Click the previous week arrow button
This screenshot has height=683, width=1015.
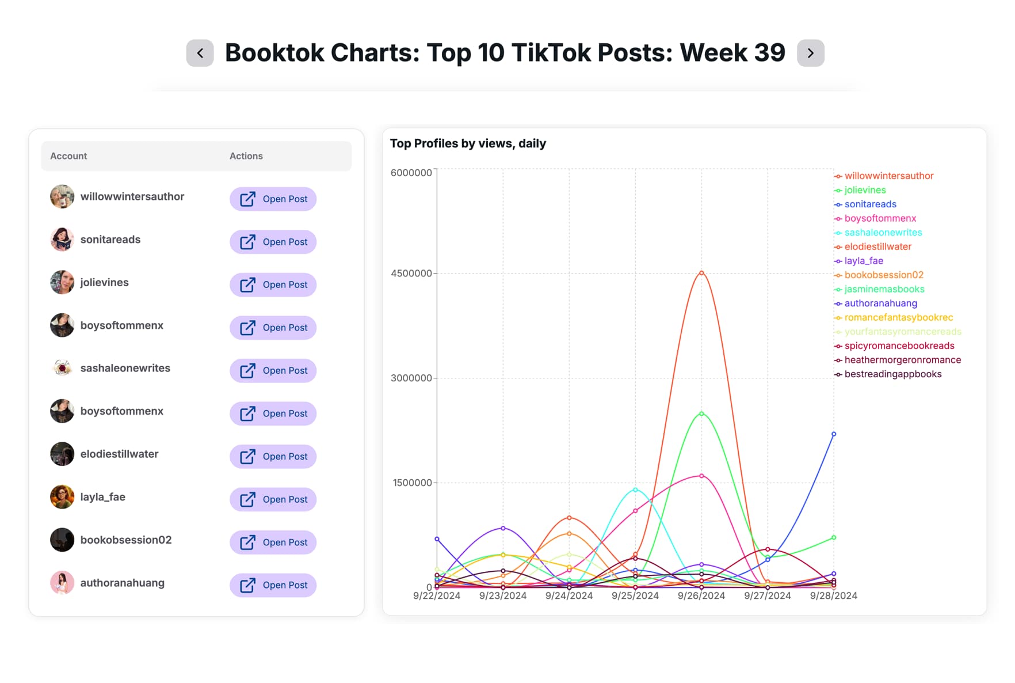tap(200, 53)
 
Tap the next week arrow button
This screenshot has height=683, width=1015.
tap(810, 53)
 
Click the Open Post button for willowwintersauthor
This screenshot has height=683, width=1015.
tap(273, 199)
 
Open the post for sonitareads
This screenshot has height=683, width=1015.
tap(273, 242)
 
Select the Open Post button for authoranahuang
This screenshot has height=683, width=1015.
tap(273, 585)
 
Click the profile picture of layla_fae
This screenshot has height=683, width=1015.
tap(62, 497)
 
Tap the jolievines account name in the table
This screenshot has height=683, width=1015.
tap(104, 282)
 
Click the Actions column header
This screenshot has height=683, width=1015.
tap(246, 156)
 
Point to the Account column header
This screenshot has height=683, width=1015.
tap(68, 156)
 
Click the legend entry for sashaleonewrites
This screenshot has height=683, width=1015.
tap(883, 233)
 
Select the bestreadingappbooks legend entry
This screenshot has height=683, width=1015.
tap(892, 374)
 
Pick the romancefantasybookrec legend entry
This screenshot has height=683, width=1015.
tap(898, 318)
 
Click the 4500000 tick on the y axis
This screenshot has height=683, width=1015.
tap(411, 274)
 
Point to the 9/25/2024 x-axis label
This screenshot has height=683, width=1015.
tap(635, 596)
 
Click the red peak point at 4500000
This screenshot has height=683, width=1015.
tap(701, 273)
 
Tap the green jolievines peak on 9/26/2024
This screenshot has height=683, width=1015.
tap(701, 413)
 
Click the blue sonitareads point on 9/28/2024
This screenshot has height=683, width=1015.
tap(834, 434)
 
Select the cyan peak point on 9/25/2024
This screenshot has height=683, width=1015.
tap(635, 490)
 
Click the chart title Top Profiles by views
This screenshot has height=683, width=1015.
tap(468, 143)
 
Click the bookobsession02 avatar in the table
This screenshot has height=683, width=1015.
tap(62, 540)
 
